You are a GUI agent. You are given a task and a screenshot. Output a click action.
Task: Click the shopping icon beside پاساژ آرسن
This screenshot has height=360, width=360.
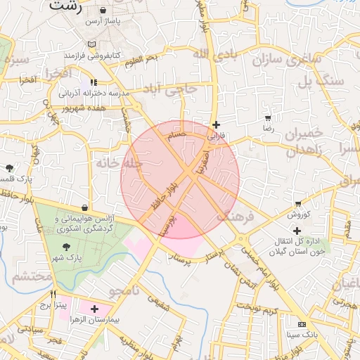point(104,11)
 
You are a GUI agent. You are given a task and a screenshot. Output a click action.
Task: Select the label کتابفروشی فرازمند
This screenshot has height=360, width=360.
point(94,54)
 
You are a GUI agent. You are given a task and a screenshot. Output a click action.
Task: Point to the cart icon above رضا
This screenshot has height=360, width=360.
point(268,118)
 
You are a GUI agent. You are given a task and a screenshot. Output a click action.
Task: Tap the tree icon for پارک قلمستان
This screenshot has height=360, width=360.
point(9,168)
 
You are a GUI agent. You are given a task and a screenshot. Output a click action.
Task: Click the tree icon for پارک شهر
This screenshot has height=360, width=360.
point(66,246)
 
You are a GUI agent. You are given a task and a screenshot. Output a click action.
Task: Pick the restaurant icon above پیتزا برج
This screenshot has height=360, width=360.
point(53,294)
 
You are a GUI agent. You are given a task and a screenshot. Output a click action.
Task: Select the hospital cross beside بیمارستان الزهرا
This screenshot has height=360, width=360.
point(94,309)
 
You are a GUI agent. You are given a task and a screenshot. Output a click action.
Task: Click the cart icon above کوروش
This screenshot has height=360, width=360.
point(298,204)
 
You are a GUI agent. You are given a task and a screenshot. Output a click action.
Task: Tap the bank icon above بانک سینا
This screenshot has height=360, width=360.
point(302,325)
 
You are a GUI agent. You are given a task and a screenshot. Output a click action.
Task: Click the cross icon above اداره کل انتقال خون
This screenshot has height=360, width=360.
point(297,231)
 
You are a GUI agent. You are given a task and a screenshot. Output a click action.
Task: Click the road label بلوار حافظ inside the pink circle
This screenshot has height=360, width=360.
point(162,199)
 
